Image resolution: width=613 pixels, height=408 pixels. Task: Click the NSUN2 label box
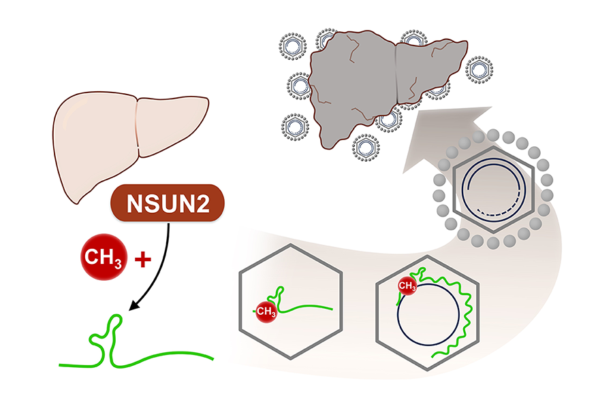pos(168,203)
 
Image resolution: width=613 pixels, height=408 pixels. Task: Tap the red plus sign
pos(142,260)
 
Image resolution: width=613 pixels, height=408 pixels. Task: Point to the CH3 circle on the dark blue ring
pos(407,286)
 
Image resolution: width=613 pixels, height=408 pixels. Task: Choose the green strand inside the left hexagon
pos(306,307)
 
